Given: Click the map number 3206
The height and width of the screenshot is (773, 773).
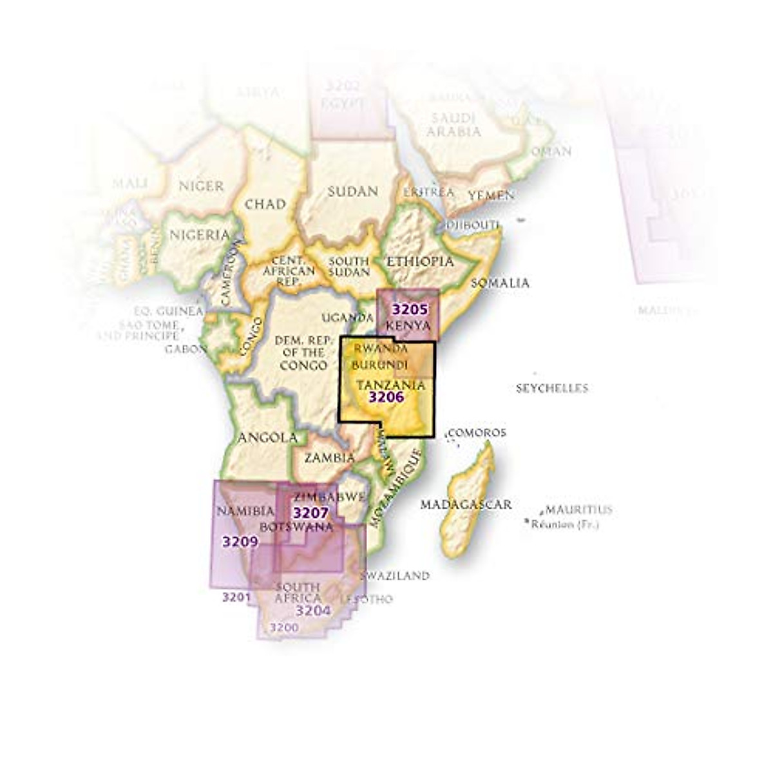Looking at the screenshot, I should [386, 397].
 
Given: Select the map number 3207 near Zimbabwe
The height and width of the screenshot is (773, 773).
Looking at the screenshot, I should [310, 513].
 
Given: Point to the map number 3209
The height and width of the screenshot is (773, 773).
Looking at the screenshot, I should [240, 541].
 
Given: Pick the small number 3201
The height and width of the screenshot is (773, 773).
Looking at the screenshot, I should [236, 597].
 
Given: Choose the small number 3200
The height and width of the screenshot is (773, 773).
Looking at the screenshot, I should [284, 627].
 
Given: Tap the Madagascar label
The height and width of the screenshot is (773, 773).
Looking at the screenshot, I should [466, 504].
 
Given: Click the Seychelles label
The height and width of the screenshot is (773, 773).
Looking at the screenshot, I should [552, 388].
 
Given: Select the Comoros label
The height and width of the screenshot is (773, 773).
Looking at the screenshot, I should [477, 433].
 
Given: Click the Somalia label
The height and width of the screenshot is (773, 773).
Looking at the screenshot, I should [500, 283].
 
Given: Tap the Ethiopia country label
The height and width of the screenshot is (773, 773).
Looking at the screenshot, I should [419, 262].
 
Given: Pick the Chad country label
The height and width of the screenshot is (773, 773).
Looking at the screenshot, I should [265, 204].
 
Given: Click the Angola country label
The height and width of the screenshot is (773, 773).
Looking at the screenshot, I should [268, 438].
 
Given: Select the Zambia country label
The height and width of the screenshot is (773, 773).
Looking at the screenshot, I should [329, 458].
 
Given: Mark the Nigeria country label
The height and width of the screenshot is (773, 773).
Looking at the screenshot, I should [199, 234].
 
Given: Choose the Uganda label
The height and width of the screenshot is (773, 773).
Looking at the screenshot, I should [348, 318].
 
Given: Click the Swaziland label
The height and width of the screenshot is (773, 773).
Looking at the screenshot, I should [394, 576].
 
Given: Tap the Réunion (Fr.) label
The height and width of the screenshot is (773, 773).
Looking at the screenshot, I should [565, 524].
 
